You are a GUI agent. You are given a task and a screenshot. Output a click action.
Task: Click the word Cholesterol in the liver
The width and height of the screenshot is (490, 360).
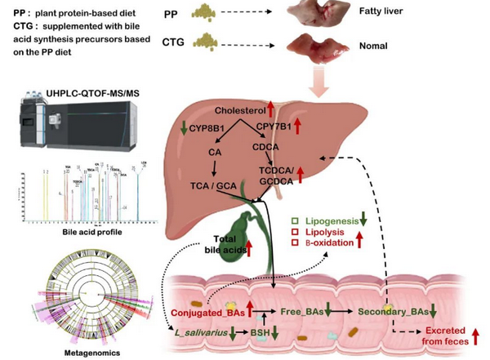242,110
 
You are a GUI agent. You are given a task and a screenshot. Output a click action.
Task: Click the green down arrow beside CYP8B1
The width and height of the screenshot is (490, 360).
185,127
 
